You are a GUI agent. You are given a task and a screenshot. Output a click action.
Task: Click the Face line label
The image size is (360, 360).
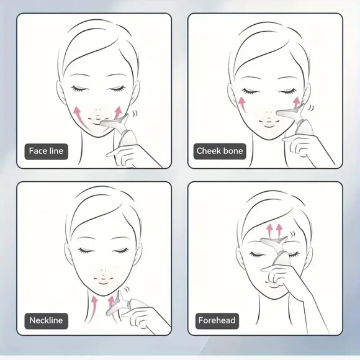pos(46,151)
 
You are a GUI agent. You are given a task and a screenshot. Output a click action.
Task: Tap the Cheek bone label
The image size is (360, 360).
pos(220,151)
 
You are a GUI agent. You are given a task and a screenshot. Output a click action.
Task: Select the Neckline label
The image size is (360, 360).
pos(46,321)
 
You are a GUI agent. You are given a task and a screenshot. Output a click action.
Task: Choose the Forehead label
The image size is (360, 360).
pos(217,321)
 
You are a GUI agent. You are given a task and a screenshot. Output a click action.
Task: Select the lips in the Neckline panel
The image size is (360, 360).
pos(103,280)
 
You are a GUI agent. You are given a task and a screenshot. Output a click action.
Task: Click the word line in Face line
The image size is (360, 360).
pos(56,151)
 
